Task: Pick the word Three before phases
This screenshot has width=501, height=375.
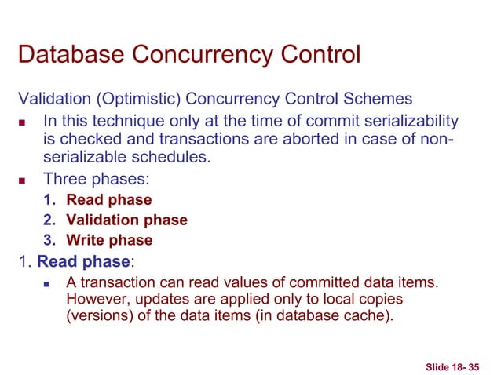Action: coord(65,179)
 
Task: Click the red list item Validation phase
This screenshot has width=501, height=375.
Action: coord(126,220)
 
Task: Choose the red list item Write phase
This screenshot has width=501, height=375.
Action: coord(109,241)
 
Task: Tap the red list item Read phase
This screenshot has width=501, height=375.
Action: coord(108,200)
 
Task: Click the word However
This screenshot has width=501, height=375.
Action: coord(96,301)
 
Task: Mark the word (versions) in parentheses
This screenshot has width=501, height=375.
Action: coord(97,318)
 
